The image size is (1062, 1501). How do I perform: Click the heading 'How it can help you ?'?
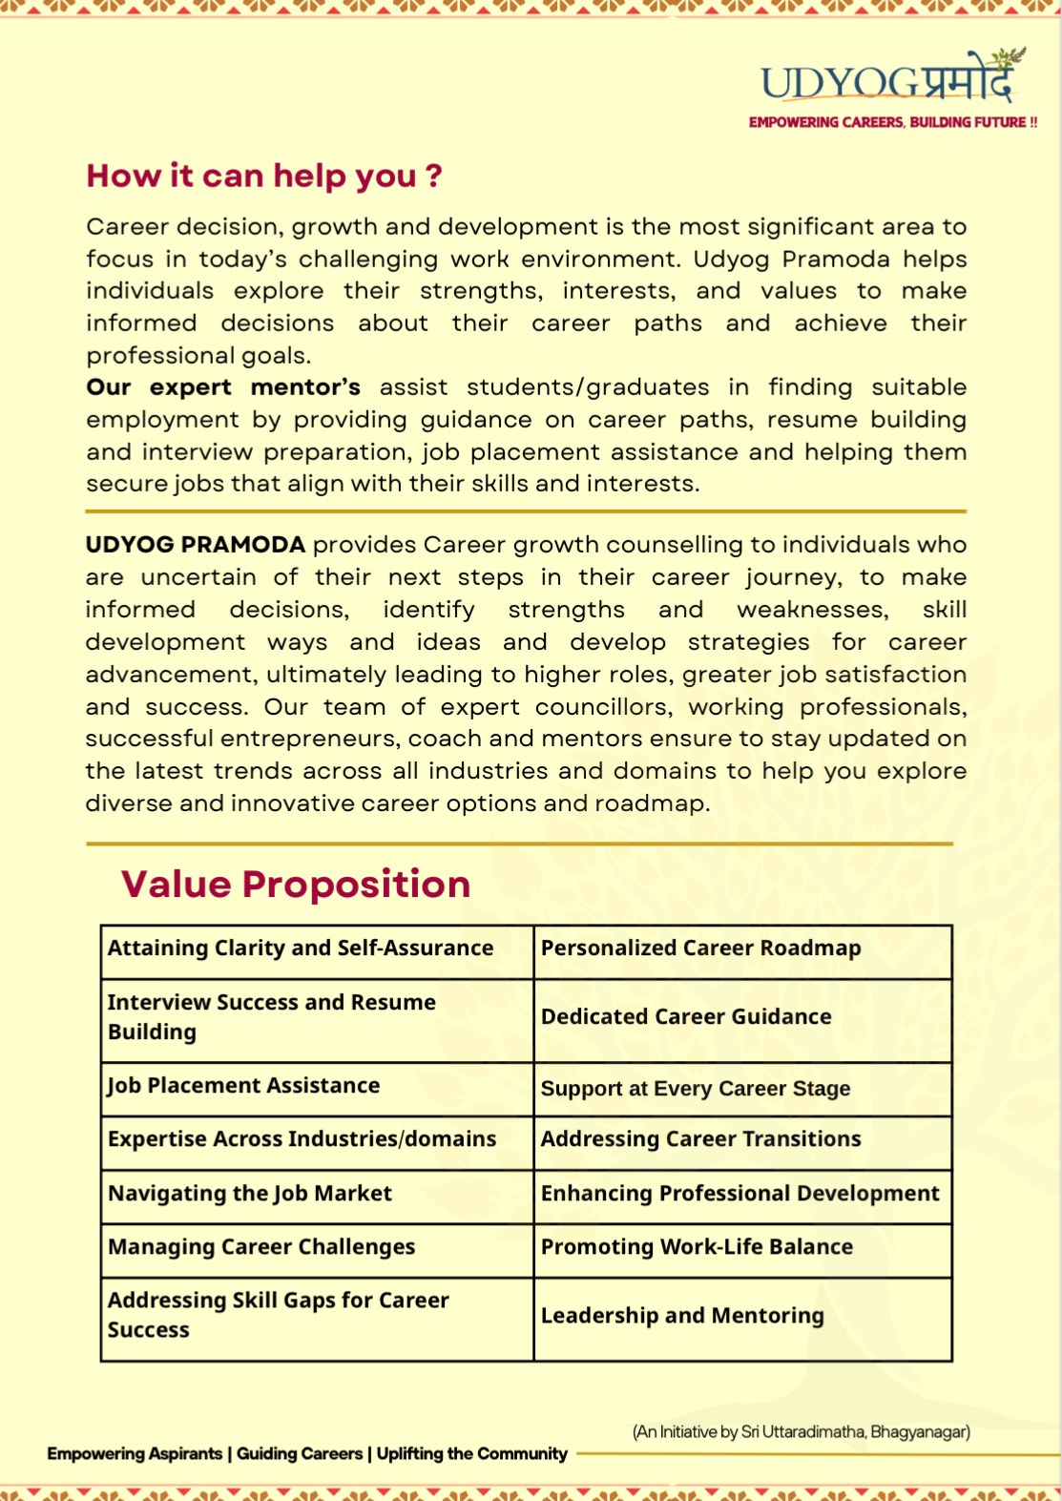264,176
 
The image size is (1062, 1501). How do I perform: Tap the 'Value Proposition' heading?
296,884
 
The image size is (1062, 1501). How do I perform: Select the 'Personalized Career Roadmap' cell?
700,949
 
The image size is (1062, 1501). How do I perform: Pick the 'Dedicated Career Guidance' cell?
686,1017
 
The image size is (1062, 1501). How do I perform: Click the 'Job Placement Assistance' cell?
244,1086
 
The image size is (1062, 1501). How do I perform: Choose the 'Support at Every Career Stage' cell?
696,1089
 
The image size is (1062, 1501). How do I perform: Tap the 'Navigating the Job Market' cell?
250,1194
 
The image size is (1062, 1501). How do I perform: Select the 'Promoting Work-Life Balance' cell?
697,1247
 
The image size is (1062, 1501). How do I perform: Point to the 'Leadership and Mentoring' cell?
682,1316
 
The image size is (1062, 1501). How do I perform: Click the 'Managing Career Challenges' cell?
261,1247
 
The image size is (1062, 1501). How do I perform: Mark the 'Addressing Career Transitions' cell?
700,1139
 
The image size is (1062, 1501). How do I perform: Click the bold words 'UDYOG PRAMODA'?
196,545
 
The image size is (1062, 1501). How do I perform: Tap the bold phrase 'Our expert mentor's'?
223,387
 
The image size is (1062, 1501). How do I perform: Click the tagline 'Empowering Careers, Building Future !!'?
892,122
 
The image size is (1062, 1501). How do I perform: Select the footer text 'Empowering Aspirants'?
135,1453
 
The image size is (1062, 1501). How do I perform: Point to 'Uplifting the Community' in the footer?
472,1453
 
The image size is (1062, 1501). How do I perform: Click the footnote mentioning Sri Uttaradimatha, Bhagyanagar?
801,1431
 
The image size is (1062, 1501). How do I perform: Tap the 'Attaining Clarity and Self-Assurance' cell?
301,949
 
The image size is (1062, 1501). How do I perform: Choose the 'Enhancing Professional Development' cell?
739,1194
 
